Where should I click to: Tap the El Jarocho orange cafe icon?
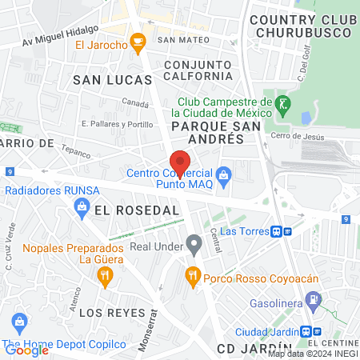coord(138,39)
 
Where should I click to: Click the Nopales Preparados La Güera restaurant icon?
coord(105,276)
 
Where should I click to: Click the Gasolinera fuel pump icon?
coord(313,302)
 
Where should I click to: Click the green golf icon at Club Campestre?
coord(282,103)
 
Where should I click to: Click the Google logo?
coord(26,350)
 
